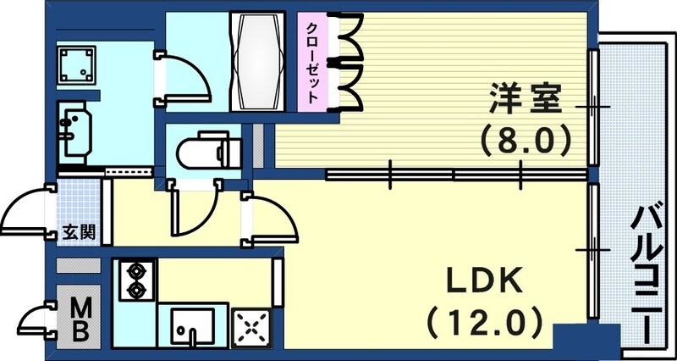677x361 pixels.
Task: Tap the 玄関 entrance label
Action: (x=78, y=232)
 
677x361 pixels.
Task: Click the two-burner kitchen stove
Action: (x=135, y=280)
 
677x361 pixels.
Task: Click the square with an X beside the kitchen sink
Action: (x=252, y=326)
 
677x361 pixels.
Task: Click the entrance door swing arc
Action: (x=30, y=212)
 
